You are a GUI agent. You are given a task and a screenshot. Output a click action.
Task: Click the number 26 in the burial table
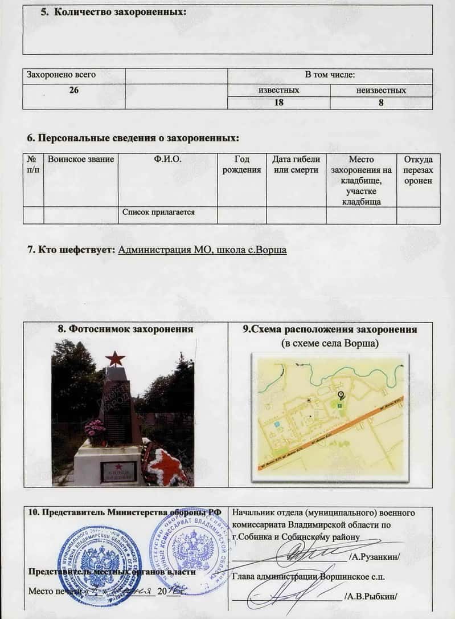(73, 90)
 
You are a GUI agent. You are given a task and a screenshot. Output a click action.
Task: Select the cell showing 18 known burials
(278, 103)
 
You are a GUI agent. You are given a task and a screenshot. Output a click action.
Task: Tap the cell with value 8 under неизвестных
(381, 103)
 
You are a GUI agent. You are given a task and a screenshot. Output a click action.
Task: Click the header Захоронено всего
(59, 75)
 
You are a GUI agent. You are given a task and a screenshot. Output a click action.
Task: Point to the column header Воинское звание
(81, 160)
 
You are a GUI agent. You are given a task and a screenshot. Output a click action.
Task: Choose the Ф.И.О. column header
(167, 160)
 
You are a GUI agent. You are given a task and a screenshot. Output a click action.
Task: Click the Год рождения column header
(242, 165)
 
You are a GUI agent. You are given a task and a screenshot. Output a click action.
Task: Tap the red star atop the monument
(115, 359)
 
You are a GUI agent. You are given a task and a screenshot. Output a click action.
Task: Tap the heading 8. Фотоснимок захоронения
(125, 329)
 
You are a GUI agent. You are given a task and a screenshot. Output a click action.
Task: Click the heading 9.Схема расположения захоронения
(330, 329)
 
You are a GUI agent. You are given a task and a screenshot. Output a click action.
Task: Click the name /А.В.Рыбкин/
(370, 597)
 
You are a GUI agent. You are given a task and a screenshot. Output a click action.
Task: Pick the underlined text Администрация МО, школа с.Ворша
(202, 250)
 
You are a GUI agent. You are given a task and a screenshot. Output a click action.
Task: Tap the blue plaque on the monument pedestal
(118, 470)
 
